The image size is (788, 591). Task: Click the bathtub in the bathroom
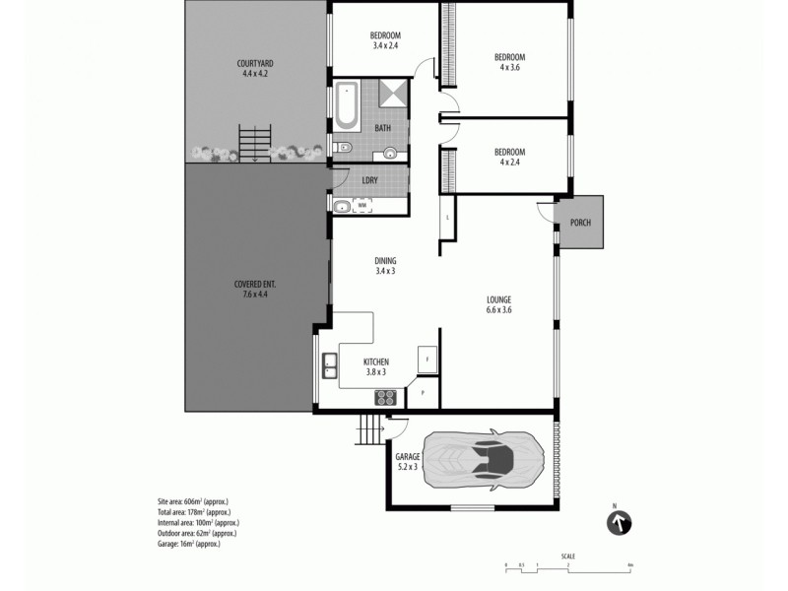(348, 107)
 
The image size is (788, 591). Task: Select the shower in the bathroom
(393, 94)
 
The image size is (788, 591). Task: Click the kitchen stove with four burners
(385, 398)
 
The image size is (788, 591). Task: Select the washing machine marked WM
(361, 206)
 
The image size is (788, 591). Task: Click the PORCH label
(580, 223)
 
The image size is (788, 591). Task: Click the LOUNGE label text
(498, 298)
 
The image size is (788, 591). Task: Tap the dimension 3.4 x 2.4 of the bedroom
(386, 46)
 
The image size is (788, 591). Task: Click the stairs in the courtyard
(255, 142)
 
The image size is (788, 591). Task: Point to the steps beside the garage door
(369, 429)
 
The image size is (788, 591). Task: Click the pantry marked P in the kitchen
(423, 393)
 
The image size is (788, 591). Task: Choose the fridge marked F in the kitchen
(427, 360)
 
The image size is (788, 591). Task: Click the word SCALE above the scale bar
(568, 557)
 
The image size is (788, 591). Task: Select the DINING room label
(385, 260)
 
